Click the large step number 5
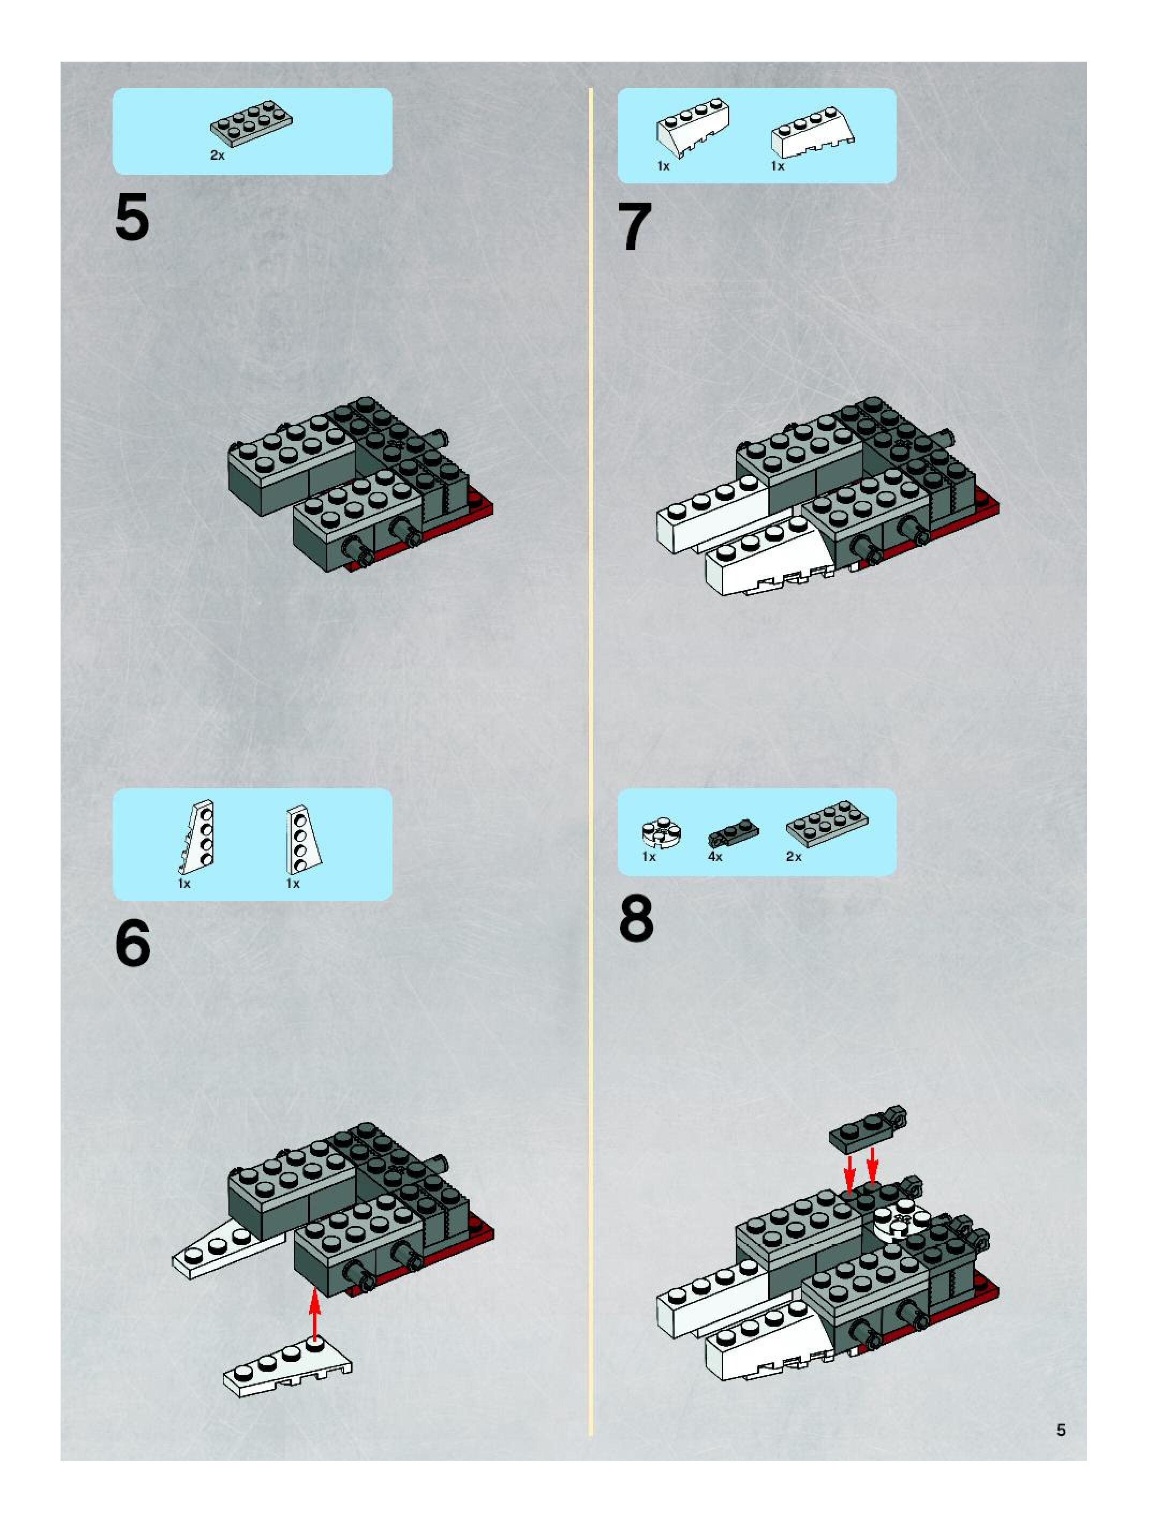tap(132, 218)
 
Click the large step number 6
tap(133, 944)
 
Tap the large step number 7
tap(634, 227)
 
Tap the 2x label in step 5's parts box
tap(217, 156)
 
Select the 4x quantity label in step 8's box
tap(715, 856)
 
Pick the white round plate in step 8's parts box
tap(661, 832)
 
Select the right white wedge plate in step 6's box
tap(302, 839)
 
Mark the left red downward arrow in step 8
tap(850, 1173)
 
